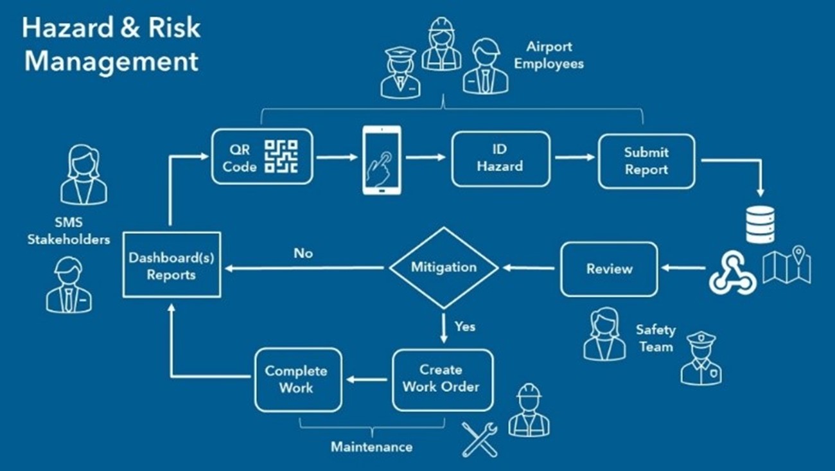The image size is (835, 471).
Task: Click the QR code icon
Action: point(281,157)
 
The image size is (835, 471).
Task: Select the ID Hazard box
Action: point(500,158)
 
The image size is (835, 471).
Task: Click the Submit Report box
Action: point(646,161)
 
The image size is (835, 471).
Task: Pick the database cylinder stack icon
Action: point(760,224)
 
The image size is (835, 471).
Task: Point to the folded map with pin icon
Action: point(787,265)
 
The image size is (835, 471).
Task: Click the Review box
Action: point(608,269)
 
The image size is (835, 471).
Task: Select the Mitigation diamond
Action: point(444,267)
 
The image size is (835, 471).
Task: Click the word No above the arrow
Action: point(303,254)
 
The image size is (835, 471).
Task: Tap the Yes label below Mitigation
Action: point(465,326)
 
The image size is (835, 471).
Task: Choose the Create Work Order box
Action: point(442,379)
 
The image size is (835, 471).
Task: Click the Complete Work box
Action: point(297,380)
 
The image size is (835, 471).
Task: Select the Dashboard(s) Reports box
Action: point(171,265)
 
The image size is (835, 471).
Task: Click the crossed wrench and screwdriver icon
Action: point(479,439)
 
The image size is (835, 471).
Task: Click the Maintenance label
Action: point(371,446)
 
